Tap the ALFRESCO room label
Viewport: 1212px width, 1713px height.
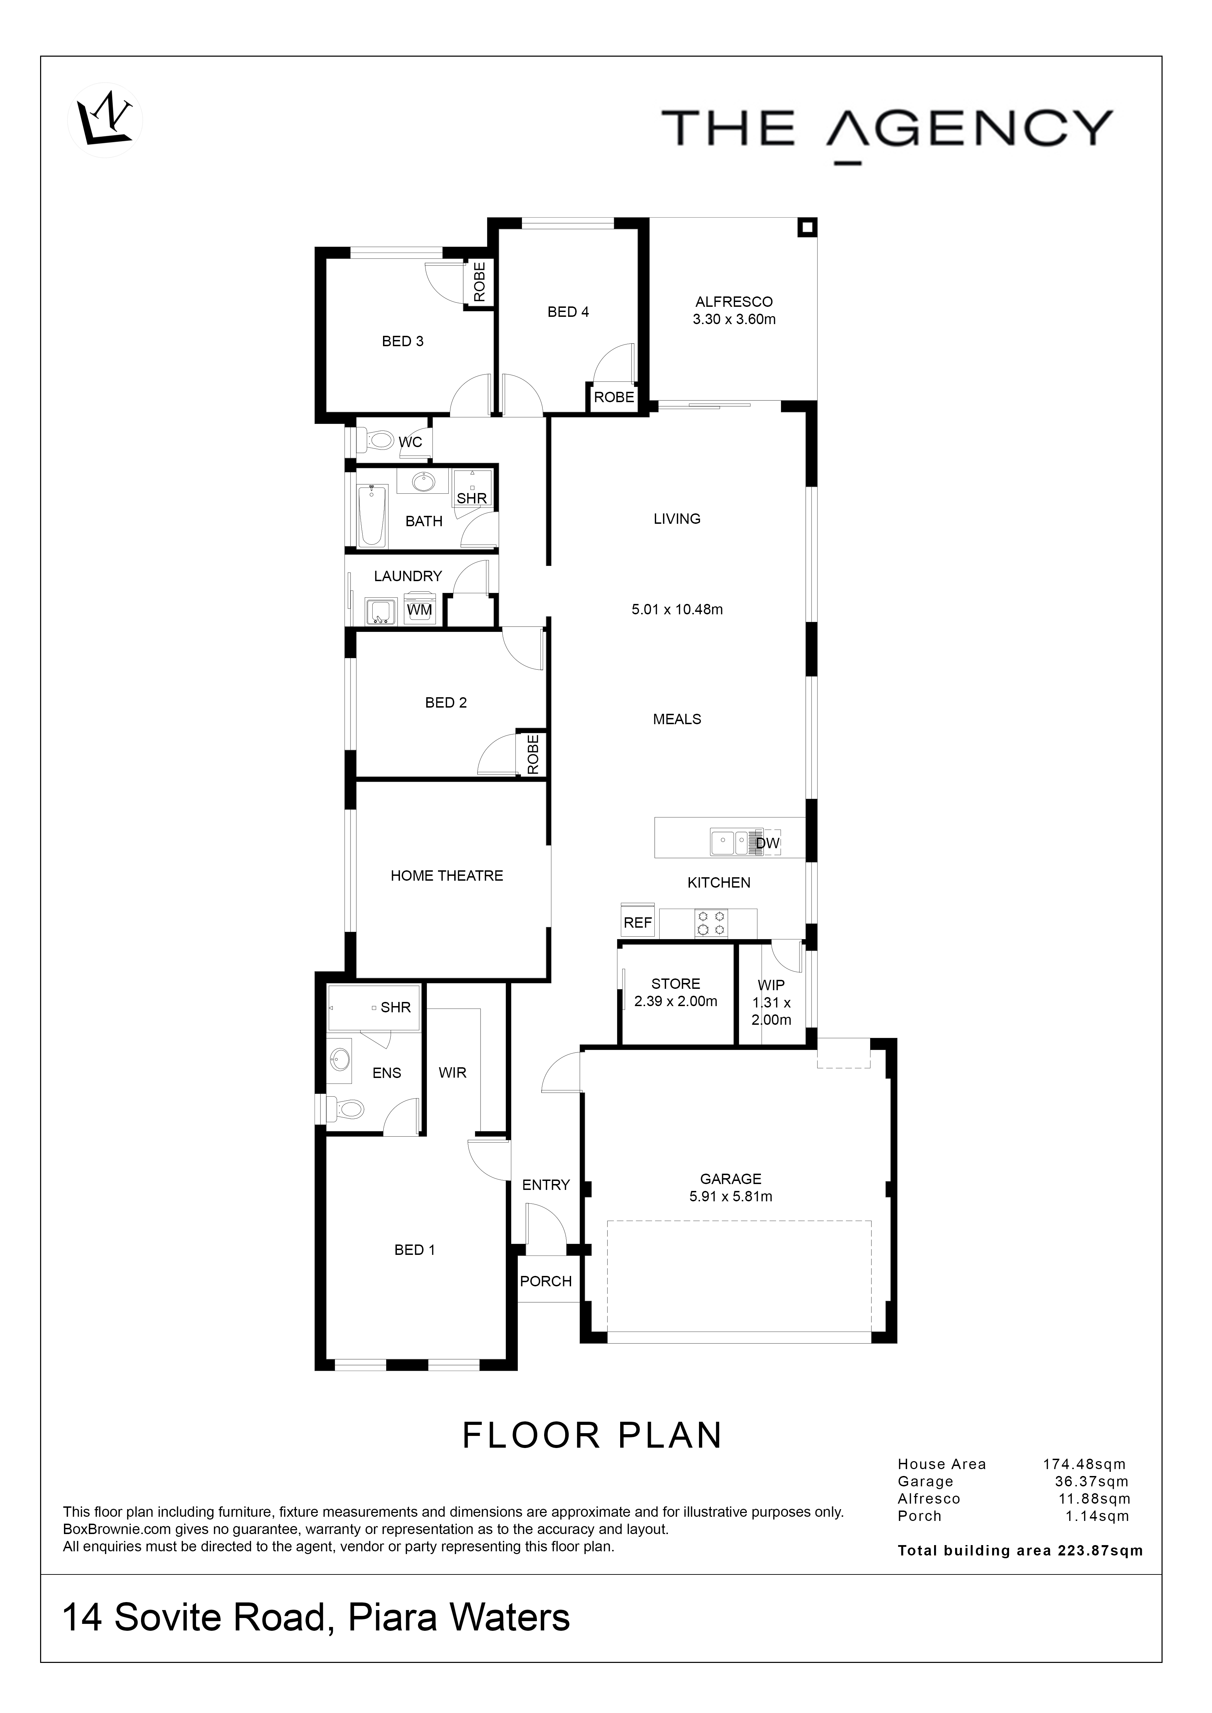(x=734, y=302)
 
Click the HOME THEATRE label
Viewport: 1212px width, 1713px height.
(x=447, y=876)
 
